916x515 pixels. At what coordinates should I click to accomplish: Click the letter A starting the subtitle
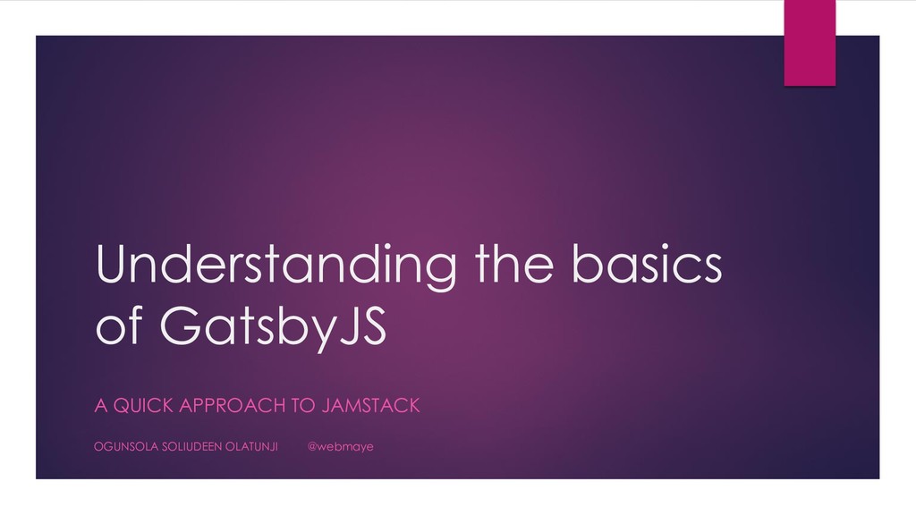[x=100, y=407]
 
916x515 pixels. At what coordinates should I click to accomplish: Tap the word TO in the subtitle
[x=304, y=407]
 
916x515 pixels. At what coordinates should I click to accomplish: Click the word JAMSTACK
[x=370, y=407]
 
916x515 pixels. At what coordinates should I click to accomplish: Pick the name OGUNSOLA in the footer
[x=126, y=446]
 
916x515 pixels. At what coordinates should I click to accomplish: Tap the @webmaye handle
[x=341, y=446]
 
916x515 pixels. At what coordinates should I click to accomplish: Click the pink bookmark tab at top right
[x=809, y=42]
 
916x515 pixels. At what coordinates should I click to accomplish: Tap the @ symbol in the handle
[x=313, y=446]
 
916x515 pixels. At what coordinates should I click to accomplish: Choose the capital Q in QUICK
[x=120, y=407]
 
